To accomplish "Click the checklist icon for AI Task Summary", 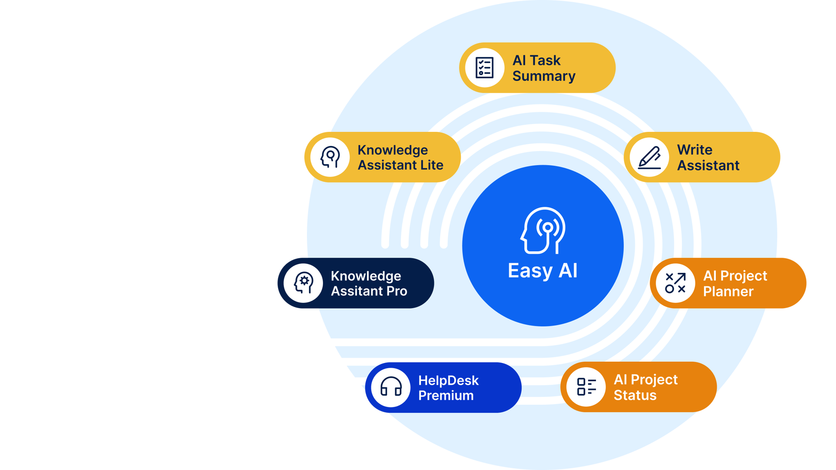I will pyautogui.click(x=484, y=68).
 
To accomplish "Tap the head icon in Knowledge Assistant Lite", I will pyautogui.click(x=330, y=157).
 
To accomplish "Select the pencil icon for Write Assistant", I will pyautogui.click(x=649, y=157).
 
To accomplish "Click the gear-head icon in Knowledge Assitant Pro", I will pyautogui.click(x=303, y=283).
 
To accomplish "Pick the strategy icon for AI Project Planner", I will pyautogui.click(x=675, y=283).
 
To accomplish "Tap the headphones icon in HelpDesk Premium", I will pyautogui.click(x=391, y=387).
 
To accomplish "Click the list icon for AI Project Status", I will pyautogui.click(x=586, y=387).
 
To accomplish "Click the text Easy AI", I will pyautogui.click(x=543, y=271).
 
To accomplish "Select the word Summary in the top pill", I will pyautogui.click(x=544, y=76).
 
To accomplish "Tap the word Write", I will pyautogui.click(x=694, y=150).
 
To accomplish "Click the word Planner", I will pyautogui.click(x=728, y=292).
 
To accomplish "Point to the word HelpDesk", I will pyautogui.click(x=448, y=380).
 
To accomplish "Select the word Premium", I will pyautogui.click(x=446, y=396).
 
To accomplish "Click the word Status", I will pyautogui.click(x=635, y=395).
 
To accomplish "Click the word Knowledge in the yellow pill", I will pyautogui.click(x=392, y=150).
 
